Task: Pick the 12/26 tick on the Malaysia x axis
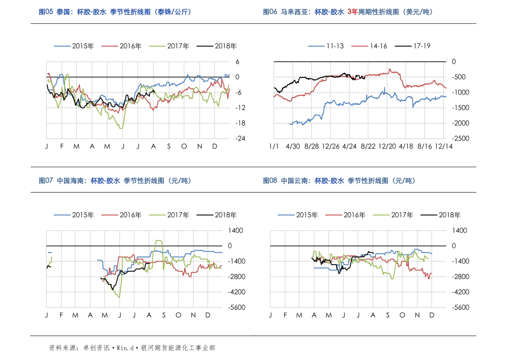pyautogui.click(x=330, y=146)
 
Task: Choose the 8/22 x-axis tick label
pyautogui.click(x=368, y=146)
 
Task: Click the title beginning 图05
pyautogui.click(x=115, y=12)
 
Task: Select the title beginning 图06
pyautogui.click(x=347, y=12)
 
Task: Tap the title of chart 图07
pyautogui.click(x=115, y=181)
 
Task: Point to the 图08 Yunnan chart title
pyautogui.click(x=339, y=181)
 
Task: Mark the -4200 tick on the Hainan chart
pyautogui.click(x=235, y=292)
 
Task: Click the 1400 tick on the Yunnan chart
pyautogui.click(x=459, y=230)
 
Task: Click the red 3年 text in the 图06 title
pyautogui.click(x=352, y=12)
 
